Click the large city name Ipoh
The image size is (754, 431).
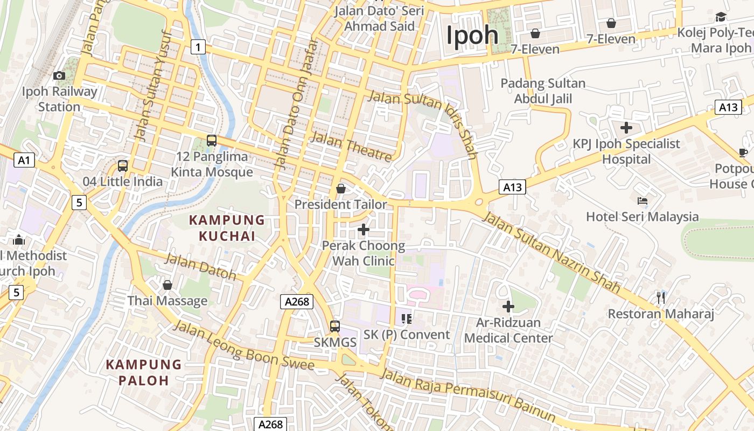click(x=472, y=36)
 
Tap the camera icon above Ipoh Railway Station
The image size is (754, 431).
click(x=59, y=76)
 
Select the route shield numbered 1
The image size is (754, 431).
click(x=198, y=47)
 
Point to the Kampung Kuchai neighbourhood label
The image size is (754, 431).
click(x=226, y=228)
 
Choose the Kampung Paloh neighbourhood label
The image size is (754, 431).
click(x=144, y=372)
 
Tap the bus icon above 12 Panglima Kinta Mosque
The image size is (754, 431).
click(x=212, y=141)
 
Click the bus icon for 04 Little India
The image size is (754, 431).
click(x=123, y=166)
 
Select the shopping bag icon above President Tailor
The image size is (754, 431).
click(x=341, y=189)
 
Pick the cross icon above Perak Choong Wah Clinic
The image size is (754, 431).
click(x=364, y=230)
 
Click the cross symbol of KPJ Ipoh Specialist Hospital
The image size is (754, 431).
click(x=626, y=128)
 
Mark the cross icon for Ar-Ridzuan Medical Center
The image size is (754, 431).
click(x=508, y=307)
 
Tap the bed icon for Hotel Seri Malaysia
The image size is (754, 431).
click(x=642, y=201)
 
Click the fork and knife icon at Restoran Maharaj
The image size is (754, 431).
click(x=661, y=297)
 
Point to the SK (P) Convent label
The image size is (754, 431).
click(x=407, y=335)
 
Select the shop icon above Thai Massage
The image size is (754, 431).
click(x=167, y=285)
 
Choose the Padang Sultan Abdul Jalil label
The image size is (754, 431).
click(x=543, y=91)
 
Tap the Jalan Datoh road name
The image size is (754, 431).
click(x=200, y=266)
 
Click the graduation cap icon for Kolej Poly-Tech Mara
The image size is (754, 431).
click(x=721, y=17)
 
